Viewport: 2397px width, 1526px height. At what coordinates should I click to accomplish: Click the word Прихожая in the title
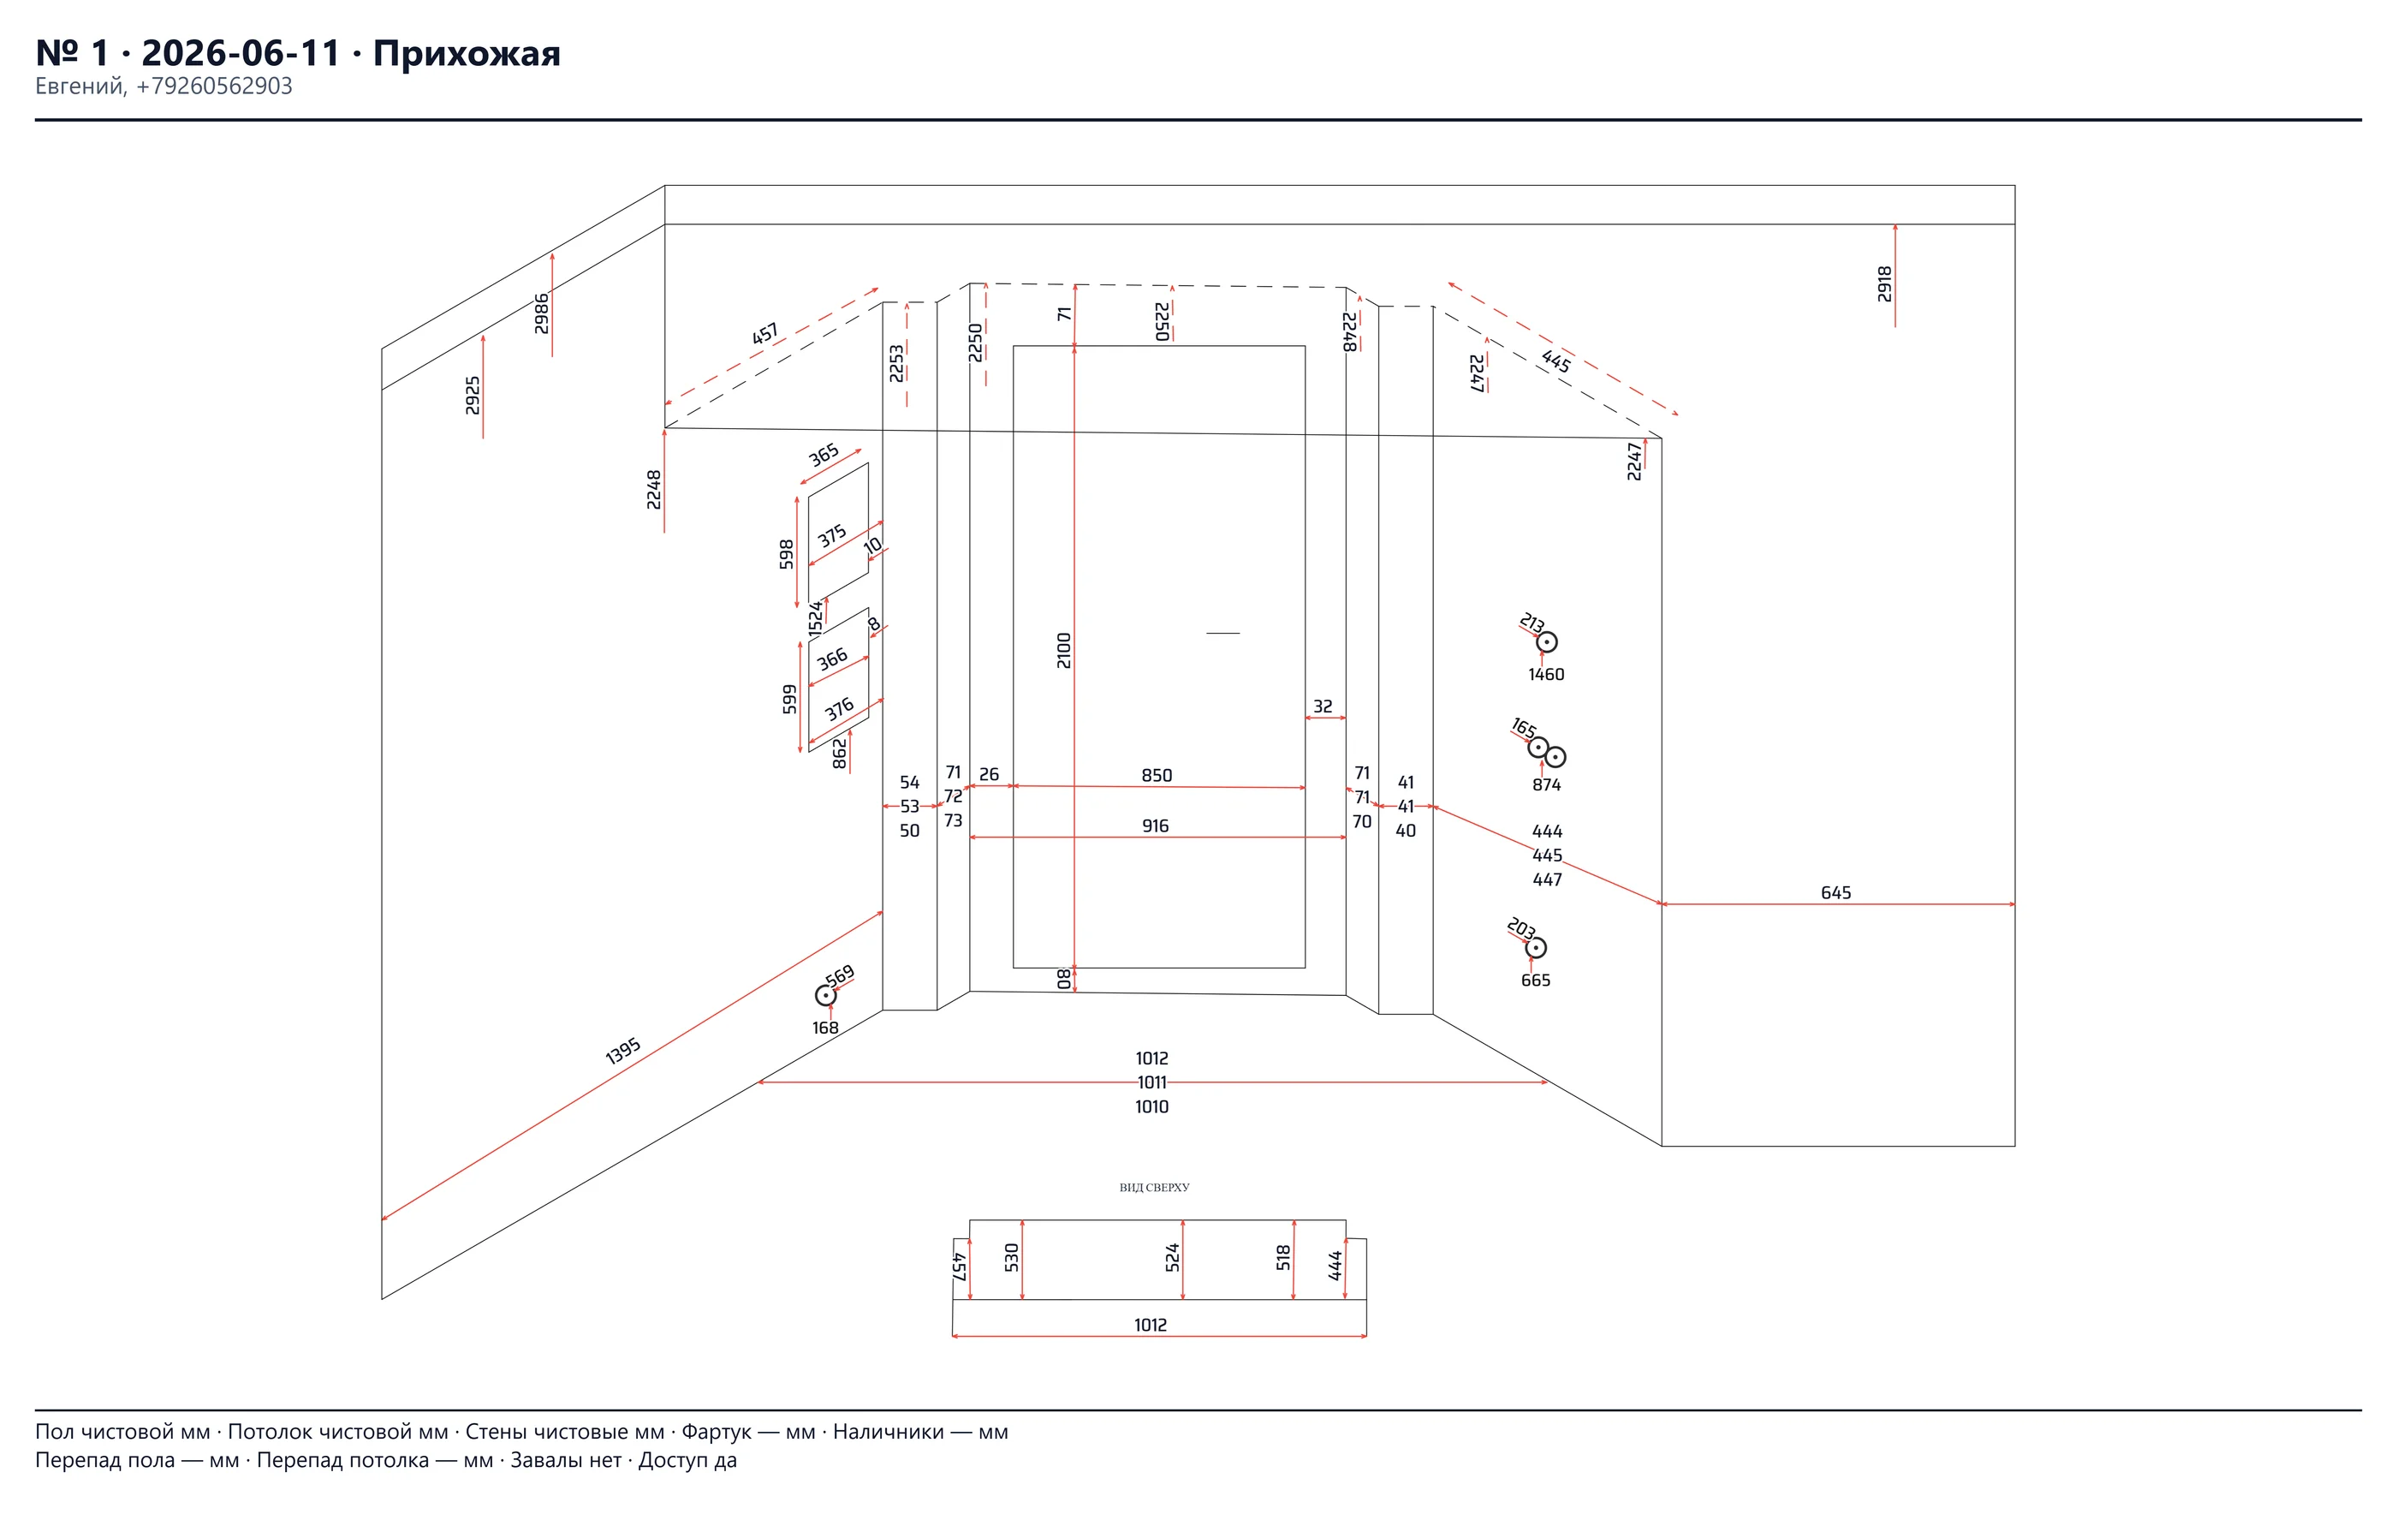pyautogui.click(x=466, y=53)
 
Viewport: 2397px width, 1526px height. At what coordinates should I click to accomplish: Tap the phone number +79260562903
pyautogui.click(x=214, y=86)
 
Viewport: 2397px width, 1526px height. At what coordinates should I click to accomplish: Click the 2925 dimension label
pyautogui.click(x=473, y=395)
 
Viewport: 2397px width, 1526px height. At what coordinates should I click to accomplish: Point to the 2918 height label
pyautogui.click(x=1884, y=283)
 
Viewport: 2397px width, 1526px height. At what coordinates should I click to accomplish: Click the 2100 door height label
pyautogui.click(x=1064, y=650)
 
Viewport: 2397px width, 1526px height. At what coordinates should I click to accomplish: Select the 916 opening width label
pyautogui.click(x=1156, y=826)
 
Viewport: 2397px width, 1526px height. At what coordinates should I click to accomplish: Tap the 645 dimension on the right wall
pyautogui.click(x=1836, y=893)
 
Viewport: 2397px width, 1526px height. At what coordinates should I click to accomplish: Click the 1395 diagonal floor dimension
pyautogui.click(x=623, y=1052)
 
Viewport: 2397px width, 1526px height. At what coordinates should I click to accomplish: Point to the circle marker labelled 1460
pyautogui.click(x=1546, y=642)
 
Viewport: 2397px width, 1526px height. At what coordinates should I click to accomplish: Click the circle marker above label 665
pyautogui.click(x=1536, y=948)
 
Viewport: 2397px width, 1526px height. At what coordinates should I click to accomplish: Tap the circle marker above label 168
pyautogui.click(x=825, y=995)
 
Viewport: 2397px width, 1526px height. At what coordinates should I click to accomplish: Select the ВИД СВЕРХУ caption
pyautogui.click(x=1155, y=1188)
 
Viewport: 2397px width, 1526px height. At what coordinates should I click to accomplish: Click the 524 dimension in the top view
pyautogui.click(x=1173, y=1258)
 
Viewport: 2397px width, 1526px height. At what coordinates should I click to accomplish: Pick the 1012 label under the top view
pyautogui.click(x=1151, y=1325)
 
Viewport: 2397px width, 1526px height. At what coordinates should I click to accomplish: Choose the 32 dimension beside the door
pyautogui.click(x=1323, y=706)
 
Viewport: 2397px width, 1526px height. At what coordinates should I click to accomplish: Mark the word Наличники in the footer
pyautogui.click(x=888, y=1432)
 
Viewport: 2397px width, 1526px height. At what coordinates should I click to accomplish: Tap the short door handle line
pyautogui.click(x=1223, y=633)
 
